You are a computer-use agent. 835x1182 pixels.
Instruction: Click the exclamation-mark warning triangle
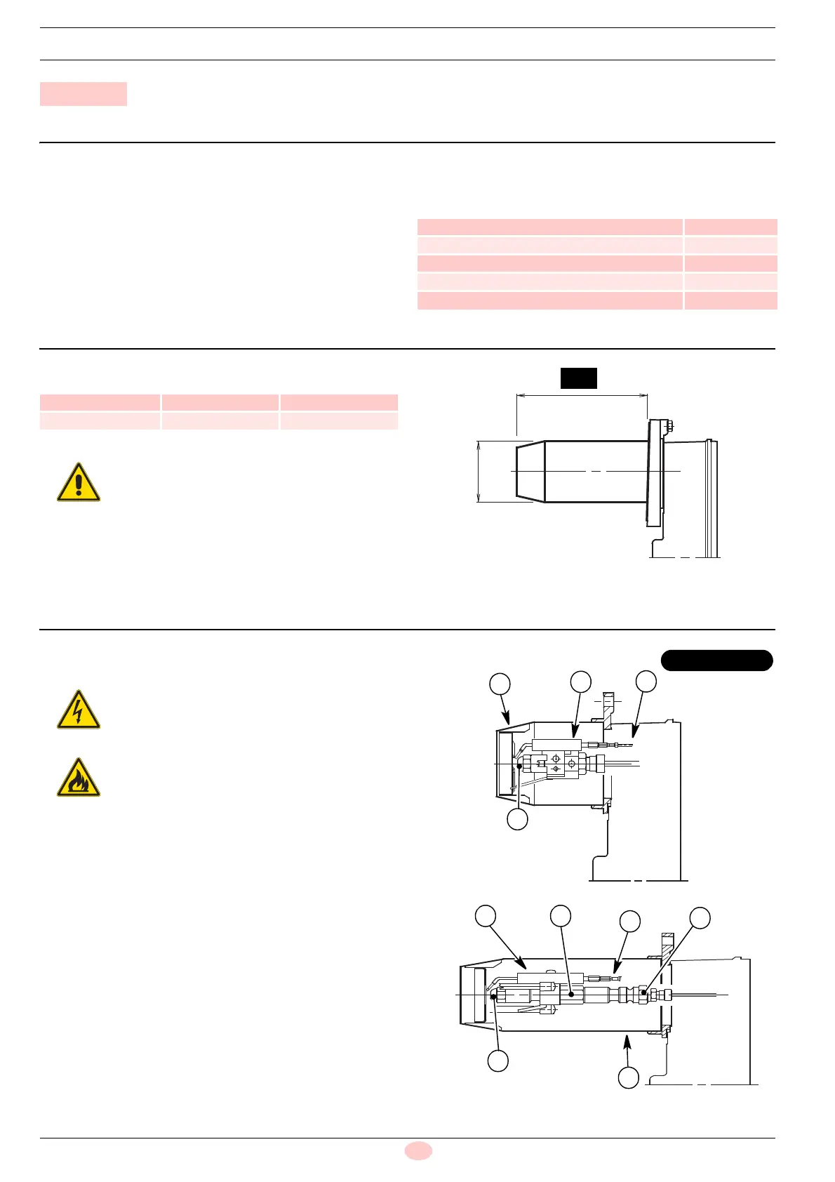(x=79, y=482)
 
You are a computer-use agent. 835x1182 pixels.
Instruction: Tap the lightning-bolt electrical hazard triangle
(x=79, y=710)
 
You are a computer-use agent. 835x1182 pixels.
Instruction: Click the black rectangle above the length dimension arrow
(x=578, y=378)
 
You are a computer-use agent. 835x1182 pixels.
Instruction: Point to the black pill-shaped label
(x=716, y=660)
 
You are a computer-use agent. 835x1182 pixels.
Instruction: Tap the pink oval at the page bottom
(x=418, y=1150)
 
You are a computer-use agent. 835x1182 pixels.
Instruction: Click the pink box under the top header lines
(x=83, y=94)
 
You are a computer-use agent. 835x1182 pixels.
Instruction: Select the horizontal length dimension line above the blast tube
(x=582, y=396)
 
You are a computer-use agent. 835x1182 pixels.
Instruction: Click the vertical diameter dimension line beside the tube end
(x=479, y=472)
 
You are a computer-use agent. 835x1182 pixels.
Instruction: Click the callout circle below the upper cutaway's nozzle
(x=517, y=819)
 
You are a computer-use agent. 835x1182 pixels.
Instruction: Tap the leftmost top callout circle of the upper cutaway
(x=500, y=684)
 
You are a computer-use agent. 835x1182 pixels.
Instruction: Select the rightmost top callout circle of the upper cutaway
(x=646, y=681)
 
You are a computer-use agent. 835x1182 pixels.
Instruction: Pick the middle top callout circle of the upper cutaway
(x=580, y=681)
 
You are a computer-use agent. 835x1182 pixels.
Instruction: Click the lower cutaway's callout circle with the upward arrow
(x=628, y=1077)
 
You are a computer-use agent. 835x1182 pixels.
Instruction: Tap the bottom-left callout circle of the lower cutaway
(x=497, y=1061)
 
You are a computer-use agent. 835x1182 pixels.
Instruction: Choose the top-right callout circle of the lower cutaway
(x=700, y=917)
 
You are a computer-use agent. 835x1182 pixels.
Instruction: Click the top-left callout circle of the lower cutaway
(x=485, y=915)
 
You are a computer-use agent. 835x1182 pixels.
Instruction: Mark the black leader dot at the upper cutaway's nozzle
(x=519, y=767)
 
